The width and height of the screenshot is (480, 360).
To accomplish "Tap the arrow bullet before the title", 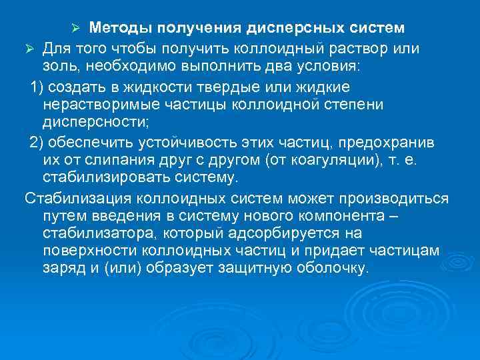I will [x=76, y=29].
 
